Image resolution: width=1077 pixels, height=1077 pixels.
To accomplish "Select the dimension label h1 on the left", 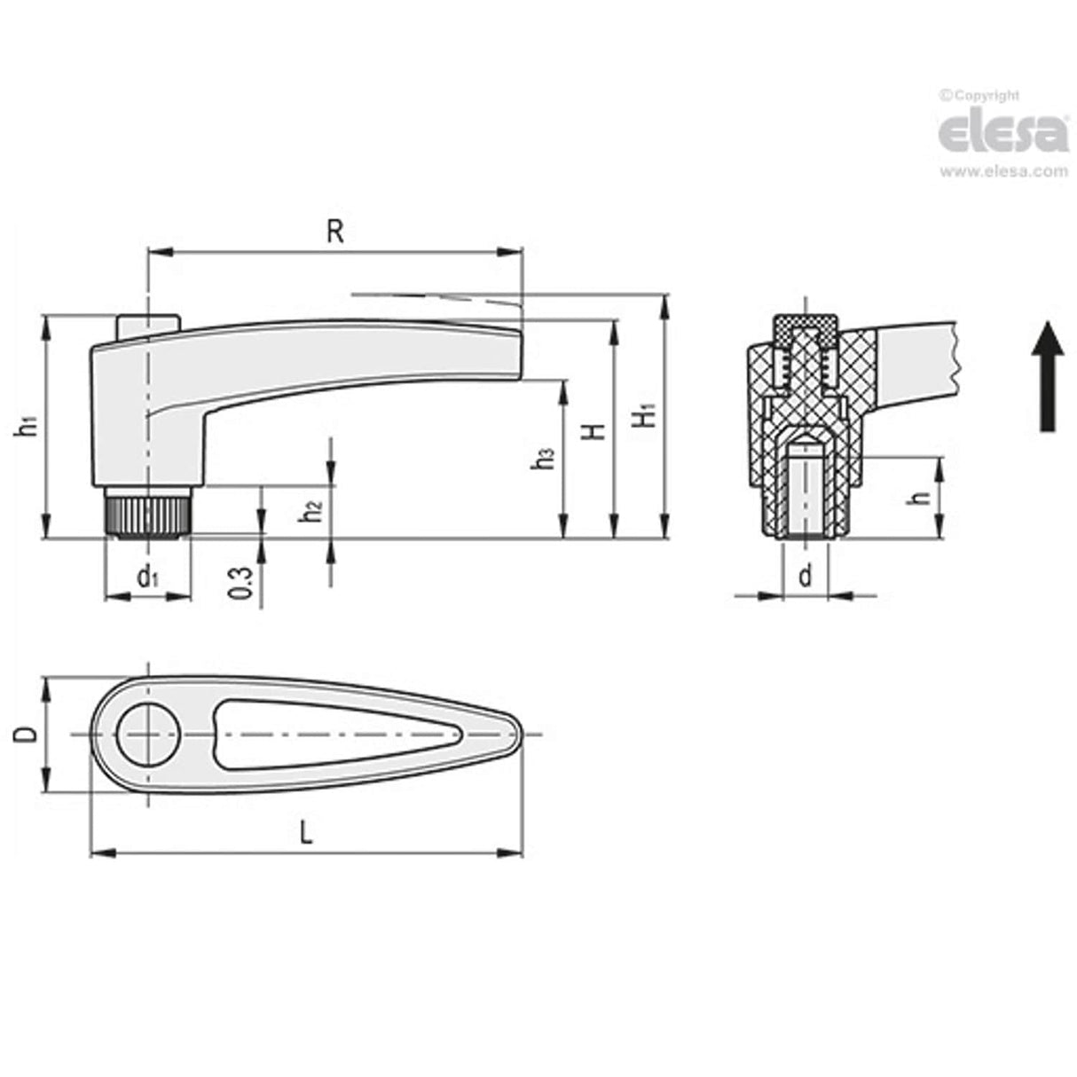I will point(29,426).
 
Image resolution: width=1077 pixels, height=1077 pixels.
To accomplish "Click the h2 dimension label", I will point(311,512).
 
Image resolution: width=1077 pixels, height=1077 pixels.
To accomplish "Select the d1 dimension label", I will point(147,578).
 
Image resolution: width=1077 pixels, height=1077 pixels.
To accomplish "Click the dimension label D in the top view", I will point(28,735).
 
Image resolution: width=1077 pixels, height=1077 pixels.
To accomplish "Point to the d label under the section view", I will point(805,577).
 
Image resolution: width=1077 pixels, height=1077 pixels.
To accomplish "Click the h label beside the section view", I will point(924,498).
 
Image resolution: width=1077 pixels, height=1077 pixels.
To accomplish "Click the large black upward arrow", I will point(1048,376).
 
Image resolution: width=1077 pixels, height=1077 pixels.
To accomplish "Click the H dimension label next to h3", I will point(596,430).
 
